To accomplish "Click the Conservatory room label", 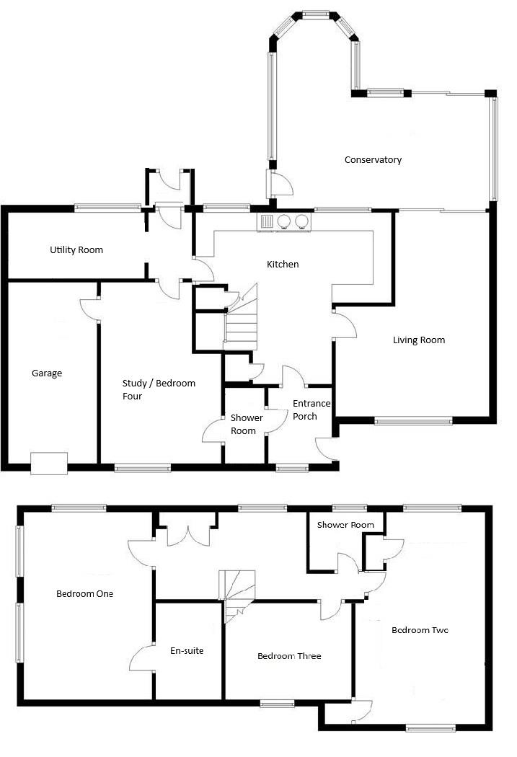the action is coord(373,160).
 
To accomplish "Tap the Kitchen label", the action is coord(283,264).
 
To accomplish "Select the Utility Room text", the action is coord(76,249).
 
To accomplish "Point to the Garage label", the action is coord(47,373).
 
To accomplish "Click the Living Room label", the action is coord(419,340).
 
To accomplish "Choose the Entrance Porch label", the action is coord(311,410).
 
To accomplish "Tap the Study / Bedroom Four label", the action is coord(159,389).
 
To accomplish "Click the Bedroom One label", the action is coord(84,594).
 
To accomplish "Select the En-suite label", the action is coord(187,651).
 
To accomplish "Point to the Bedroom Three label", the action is coord(289,656).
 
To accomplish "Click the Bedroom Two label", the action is coord(420,630).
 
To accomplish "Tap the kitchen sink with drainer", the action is coord(267,221).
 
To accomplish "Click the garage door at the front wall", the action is coord(49,464).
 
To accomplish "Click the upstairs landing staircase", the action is coord(237,596).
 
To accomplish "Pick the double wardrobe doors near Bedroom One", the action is coord(186,536).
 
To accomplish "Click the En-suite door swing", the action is coord(141,658).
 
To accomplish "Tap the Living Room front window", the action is coord(413,421).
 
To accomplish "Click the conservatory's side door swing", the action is coord(281,182).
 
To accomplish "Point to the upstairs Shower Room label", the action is coord(345,525).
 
